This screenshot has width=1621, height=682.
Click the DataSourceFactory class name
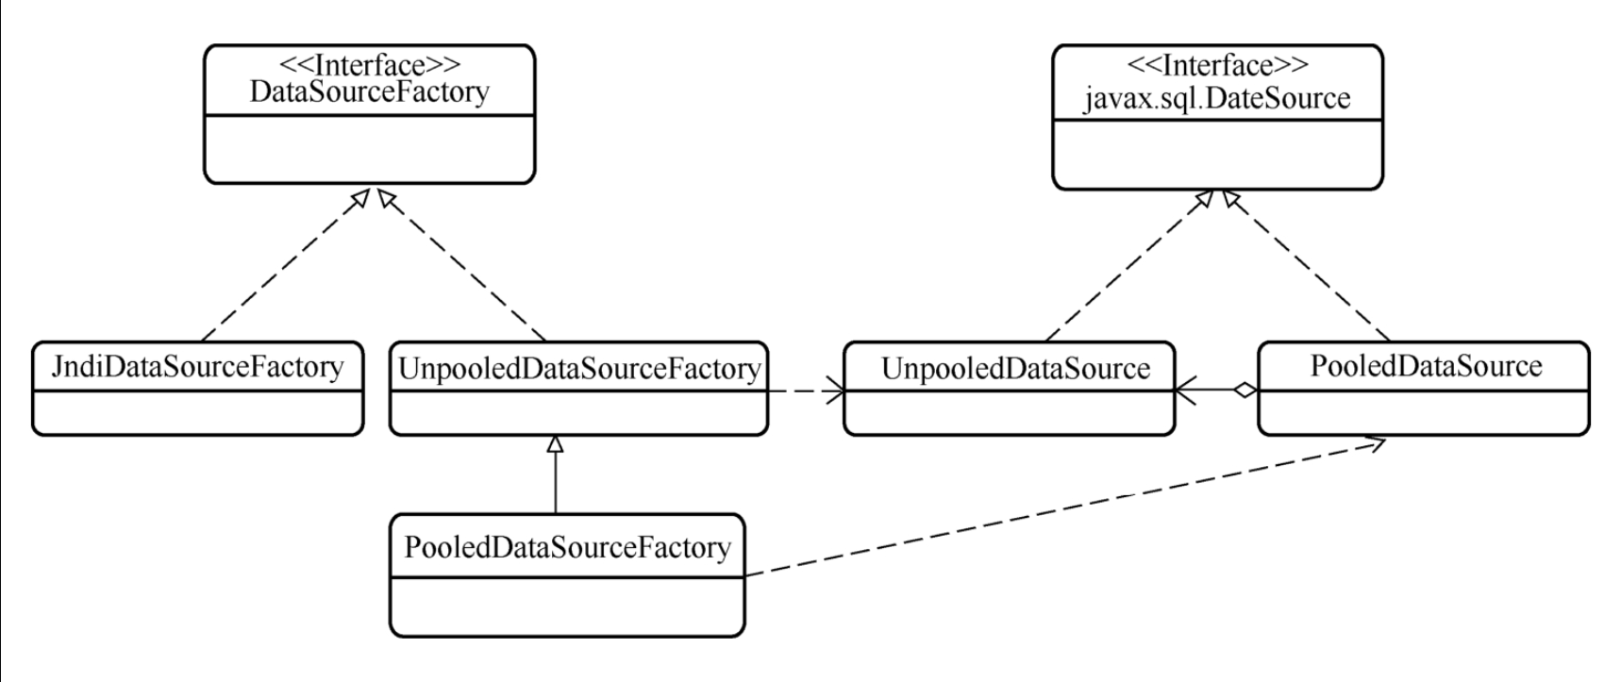click(x=369, y=91)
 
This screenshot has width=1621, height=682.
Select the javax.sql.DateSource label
click(x=1217, y=97)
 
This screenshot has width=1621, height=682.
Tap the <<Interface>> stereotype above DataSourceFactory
click(x=370, y=64)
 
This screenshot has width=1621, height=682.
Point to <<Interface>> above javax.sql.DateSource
click(x=1218, y=64)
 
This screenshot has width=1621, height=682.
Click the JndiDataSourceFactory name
click(x=197, y=366)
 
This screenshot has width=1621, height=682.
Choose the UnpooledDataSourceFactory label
click(x=578, y=368)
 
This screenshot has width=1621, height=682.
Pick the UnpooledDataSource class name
click(x=1015, y=368)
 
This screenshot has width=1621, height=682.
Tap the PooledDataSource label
click(x=1426, y=366)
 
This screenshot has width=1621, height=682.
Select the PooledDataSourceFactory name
click(x=567, y=547)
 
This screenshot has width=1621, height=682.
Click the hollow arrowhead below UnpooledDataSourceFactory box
click(x=556, y=443)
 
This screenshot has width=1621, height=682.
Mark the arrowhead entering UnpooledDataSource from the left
click(x=835, y=390)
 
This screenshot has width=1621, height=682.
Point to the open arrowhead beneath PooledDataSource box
click(x=1377, y=443)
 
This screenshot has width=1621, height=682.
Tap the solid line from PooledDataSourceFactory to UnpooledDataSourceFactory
click(x=556, y=483)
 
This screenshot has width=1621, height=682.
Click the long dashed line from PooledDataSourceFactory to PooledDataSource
click(x=1057, y=509)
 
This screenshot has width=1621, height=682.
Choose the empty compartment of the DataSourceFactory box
click(x=369, y=149)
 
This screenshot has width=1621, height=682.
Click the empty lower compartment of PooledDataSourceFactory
click(x=567, y=607)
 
